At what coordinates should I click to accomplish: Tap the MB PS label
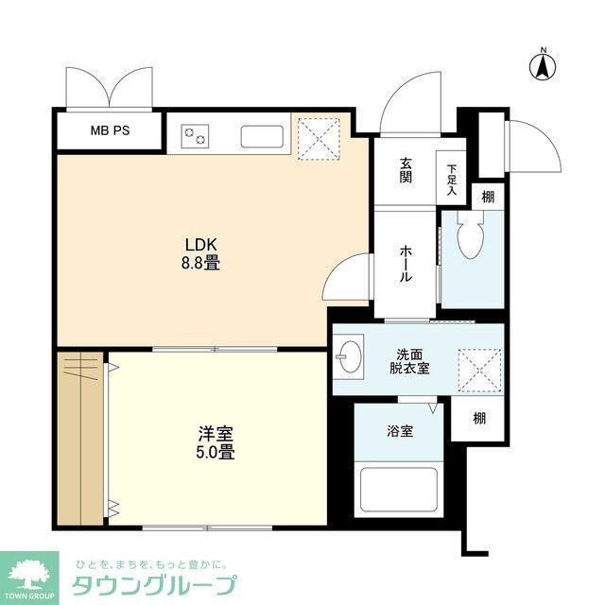[x=110, y=131]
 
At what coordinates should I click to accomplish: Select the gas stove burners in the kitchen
[x=196, y=137]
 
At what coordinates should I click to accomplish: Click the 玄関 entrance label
[x=406, y=170]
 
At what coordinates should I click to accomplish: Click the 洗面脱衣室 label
[x=412, y=359]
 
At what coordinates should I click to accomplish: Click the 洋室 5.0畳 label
[x=216, y=442]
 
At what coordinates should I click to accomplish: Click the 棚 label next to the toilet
[x=486, y=197]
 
